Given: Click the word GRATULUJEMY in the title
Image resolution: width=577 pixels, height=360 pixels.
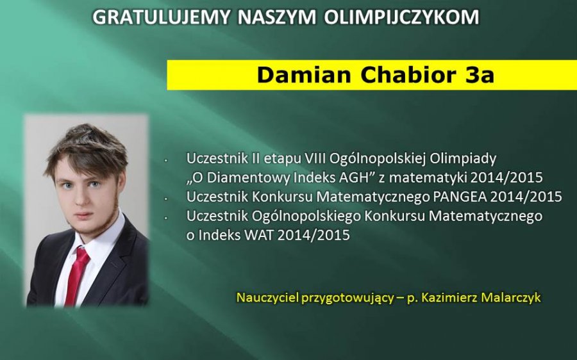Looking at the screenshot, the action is point(161,17).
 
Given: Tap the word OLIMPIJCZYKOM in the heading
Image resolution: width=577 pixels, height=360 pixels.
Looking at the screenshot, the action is point(401,17).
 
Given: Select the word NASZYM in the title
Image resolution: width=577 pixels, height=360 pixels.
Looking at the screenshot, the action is point(277,17).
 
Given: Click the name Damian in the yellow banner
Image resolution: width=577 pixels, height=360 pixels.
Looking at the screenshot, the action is point(304,75).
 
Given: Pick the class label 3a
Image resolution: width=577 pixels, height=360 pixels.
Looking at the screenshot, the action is point(480,76).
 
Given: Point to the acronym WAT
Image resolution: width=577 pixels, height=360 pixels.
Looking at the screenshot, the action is point(259,235).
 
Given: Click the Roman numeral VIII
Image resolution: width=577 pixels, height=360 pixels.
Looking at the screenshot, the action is point(315,158).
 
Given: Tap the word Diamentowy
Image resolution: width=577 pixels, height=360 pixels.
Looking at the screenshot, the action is point(248,177).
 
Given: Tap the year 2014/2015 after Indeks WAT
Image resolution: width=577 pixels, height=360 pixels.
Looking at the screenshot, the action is point(314,235).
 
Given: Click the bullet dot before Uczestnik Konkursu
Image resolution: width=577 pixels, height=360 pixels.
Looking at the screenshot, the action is point(166,199).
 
